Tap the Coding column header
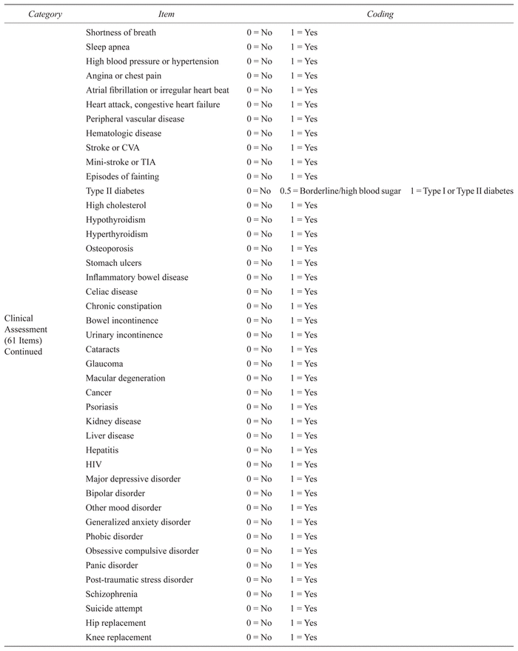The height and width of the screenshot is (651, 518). (380, 14)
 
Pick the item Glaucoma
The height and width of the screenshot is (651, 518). (104, 364)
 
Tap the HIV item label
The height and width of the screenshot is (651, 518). (93, 464)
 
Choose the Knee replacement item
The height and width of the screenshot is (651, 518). (118, 637)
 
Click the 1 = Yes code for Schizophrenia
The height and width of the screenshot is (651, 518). (303, 594)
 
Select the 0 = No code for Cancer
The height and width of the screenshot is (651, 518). (259, 393)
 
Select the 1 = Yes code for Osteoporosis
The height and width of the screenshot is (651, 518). (303, 249)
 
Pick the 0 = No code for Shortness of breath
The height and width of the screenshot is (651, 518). (259, 33)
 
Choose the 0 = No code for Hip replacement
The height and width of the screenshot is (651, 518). (259, 623)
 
